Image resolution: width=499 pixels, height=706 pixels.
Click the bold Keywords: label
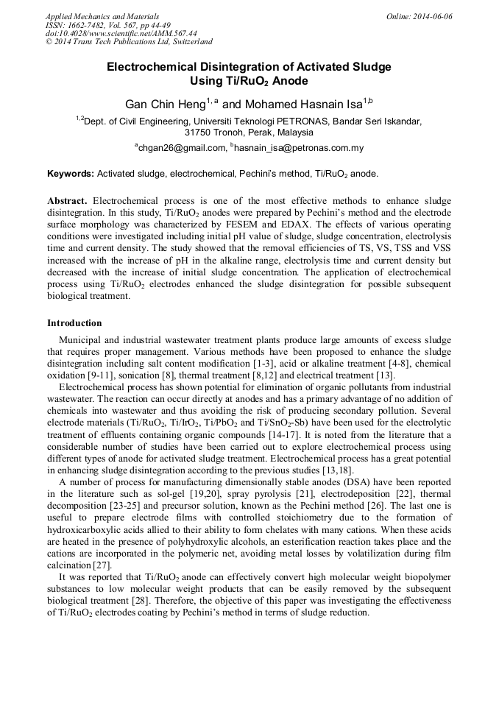tap(71, 174)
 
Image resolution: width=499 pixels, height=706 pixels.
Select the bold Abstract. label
tap(68, 201)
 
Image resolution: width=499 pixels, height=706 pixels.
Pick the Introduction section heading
tap(74, 323)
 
